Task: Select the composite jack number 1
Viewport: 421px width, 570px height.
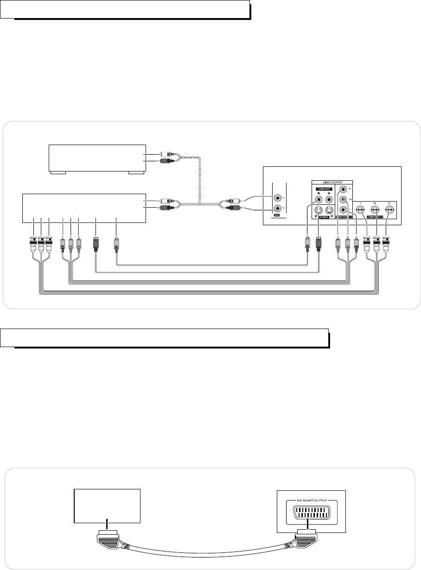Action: (x=319, y=200)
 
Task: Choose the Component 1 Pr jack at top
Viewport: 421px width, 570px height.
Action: (x=343, y=189)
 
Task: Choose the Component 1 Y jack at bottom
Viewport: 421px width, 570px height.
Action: (x=343, y=210)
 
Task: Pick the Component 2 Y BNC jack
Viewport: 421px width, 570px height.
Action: (x=360, y=209)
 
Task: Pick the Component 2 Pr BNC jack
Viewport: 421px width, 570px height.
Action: (x=389, y=209)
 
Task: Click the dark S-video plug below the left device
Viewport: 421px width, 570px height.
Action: (x=96, y=244)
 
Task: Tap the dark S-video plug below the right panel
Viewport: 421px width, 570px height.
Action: (x=319, y=244)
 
